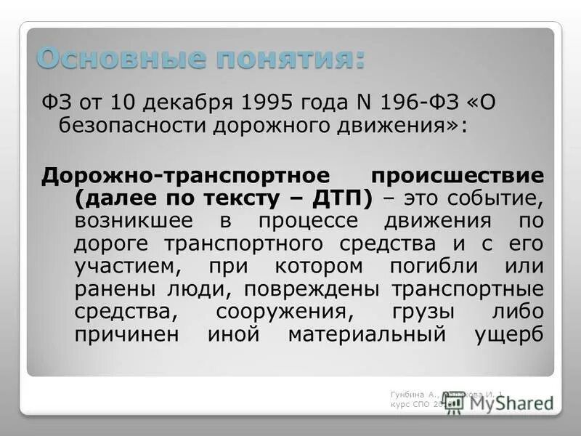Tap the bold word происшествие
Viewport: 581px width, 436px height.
[457, 175]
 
